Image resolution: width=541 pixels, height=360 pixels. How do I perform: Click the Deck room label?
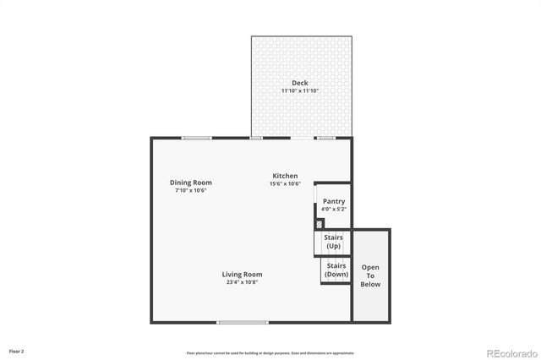[x=300, y=83]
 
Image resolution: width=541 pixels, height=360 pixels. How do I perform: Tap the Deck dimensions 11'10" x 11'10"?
[x=300, y=90]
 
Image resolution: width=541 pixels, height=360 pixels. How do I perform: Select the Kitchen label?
[x=285, y=176]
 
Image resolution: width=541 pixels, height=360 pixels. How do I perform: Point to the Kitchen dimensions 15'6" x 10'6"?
[x=285, y=183]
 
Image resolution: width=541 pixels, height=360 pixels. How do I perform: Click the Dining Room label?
[x=191, y=183]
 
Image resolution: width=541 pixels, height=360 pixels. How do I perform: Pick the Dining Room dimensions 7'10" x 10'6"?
[x=191, y=190]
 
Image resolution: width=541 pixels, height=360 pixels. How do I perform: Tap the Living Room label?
[x=243, y=274]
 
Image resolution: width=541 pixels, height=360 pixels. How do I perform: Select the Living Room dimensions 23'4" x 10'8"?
[x=243, y=282]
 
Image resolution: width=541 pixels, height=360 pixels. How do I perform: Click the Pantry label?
[x=334, y=200]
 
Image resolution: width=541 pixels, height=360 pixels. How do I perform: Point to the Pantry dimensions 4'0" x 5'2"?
[x=334, y=208]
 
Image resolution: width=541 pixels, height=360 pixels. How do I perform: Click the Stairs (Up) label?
[x=333, y=242]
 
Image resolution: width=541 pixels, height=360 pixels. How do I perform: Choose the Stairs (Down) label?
[x=336, y=270]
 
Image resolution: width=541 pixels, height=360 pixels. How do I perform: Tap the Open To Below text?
[x=371, y=275]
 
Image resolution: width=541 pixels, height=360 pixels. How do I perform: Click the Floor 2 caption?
[x=17, y=351]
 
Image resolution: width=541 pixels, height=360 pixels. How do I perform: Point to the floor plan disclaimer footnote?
[x=270, y=353]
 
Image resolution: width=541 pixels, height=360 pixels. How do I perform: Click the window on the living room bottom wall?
[x=243, y=322]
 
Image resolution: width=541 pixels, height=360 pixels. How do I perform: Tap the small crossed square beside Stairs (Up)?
[x=319, y=224]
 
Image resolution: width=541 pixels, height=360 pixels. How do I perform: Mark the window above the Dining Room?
[x=197, y=138]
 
